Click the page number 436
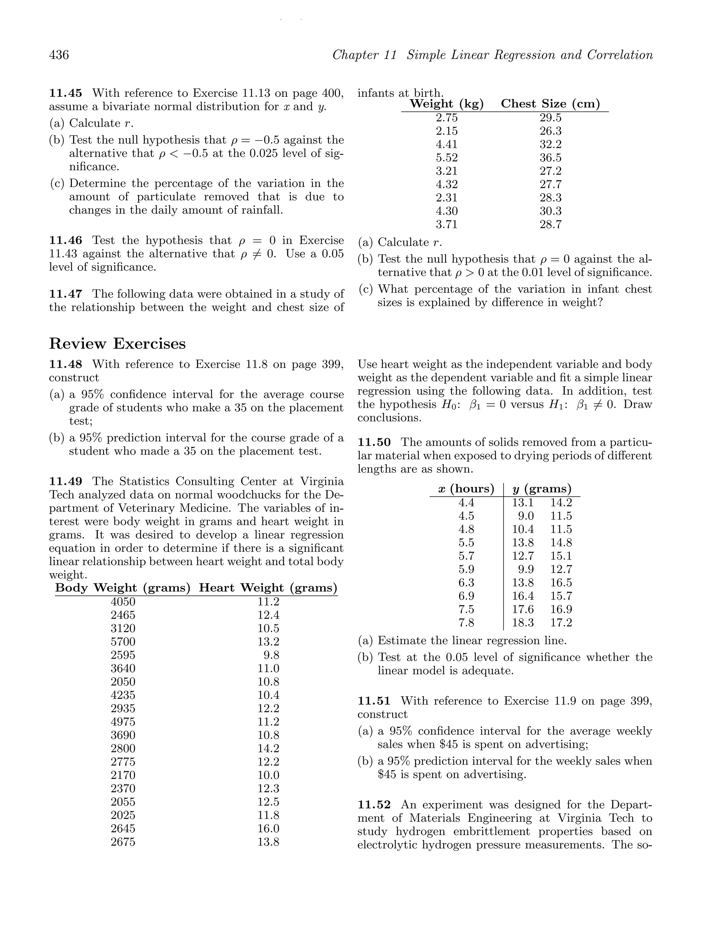coord(59,55)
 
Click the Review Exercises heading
coord(118,344)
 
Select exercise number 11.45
coord(66,93)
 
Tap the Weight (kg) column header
coord(447,104)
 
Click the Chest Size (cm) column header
coord(550,104)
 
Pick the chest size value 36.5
coord(550,158)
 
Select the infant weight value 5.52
coord(447,158)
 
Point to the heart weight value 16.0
coord(268,829)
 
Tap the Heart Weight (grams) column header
coord(268,588)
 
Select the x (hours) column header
coord(466,489)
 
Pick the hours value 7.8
coord(466,622)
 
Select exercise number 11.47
coord(66,294)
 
